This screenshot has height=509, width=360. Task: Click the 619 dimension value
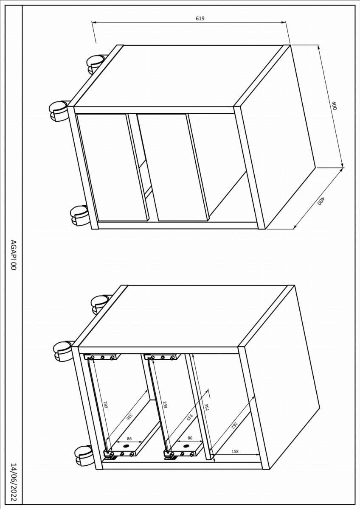tap(200, 18)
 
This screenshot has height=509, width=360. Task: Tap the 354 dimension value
tap(206, 407)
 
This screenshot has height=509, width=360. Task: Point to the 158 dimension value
tap(235, 451)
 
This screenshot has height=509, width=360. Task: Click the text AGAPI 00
tap(14, 255)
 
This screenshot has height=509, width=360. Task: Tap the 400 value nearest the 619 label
tap(334, 106)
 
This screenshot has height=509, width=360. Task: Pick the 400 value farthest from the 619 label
tap(321, 201)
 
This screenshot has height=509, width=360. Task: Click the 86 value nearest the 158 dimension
tap(190, 438)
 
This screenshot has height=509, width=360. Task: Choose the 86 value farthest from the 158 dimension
tap(129, 439)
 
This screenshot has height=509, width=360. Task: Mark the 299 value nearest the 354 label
tap(165, 405)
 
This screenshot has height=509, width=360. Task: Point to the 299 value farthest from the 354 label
tap(105, 405)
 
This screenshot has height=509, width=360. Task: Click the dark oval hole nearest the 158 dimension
tap(186, 446)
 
